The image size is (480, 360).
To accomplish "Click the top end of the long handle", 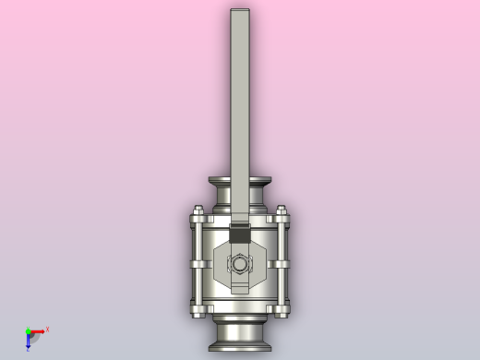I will click(x=240, y=12).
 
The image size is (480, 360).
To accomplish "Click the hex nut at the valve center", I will click(x=240, y=264).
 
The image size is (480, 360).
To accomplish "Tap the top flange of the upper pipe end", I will click(x=240, y=181).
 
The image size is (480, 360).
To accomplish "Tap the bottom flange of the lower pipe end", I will click(x=240, y=346).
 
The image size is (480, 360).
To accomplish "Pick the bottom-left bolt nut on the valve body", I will click(x=197, y=310).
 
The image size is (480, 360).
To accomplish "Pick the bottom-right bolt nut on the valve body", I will click(x=282, y=310).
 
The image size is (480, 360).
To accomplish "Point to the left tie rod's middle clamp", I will click(x=198, y=264).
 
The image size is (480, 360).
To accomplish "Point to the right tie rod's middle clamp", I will click(x=281, y=264).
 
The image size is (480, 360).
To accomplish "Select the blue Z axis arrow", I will click(x=28, y=341).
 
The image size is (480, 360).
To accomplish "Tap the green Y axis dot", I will click(x=28, y=330).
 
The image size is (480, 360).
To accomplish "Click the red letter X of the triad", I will click(x=47, y=329).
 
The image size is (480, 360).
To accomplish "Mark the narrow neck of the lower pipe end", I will click(x=240, y=329).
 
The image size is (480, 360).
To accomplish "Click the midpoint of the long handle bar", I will click(x=240, y=111).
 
